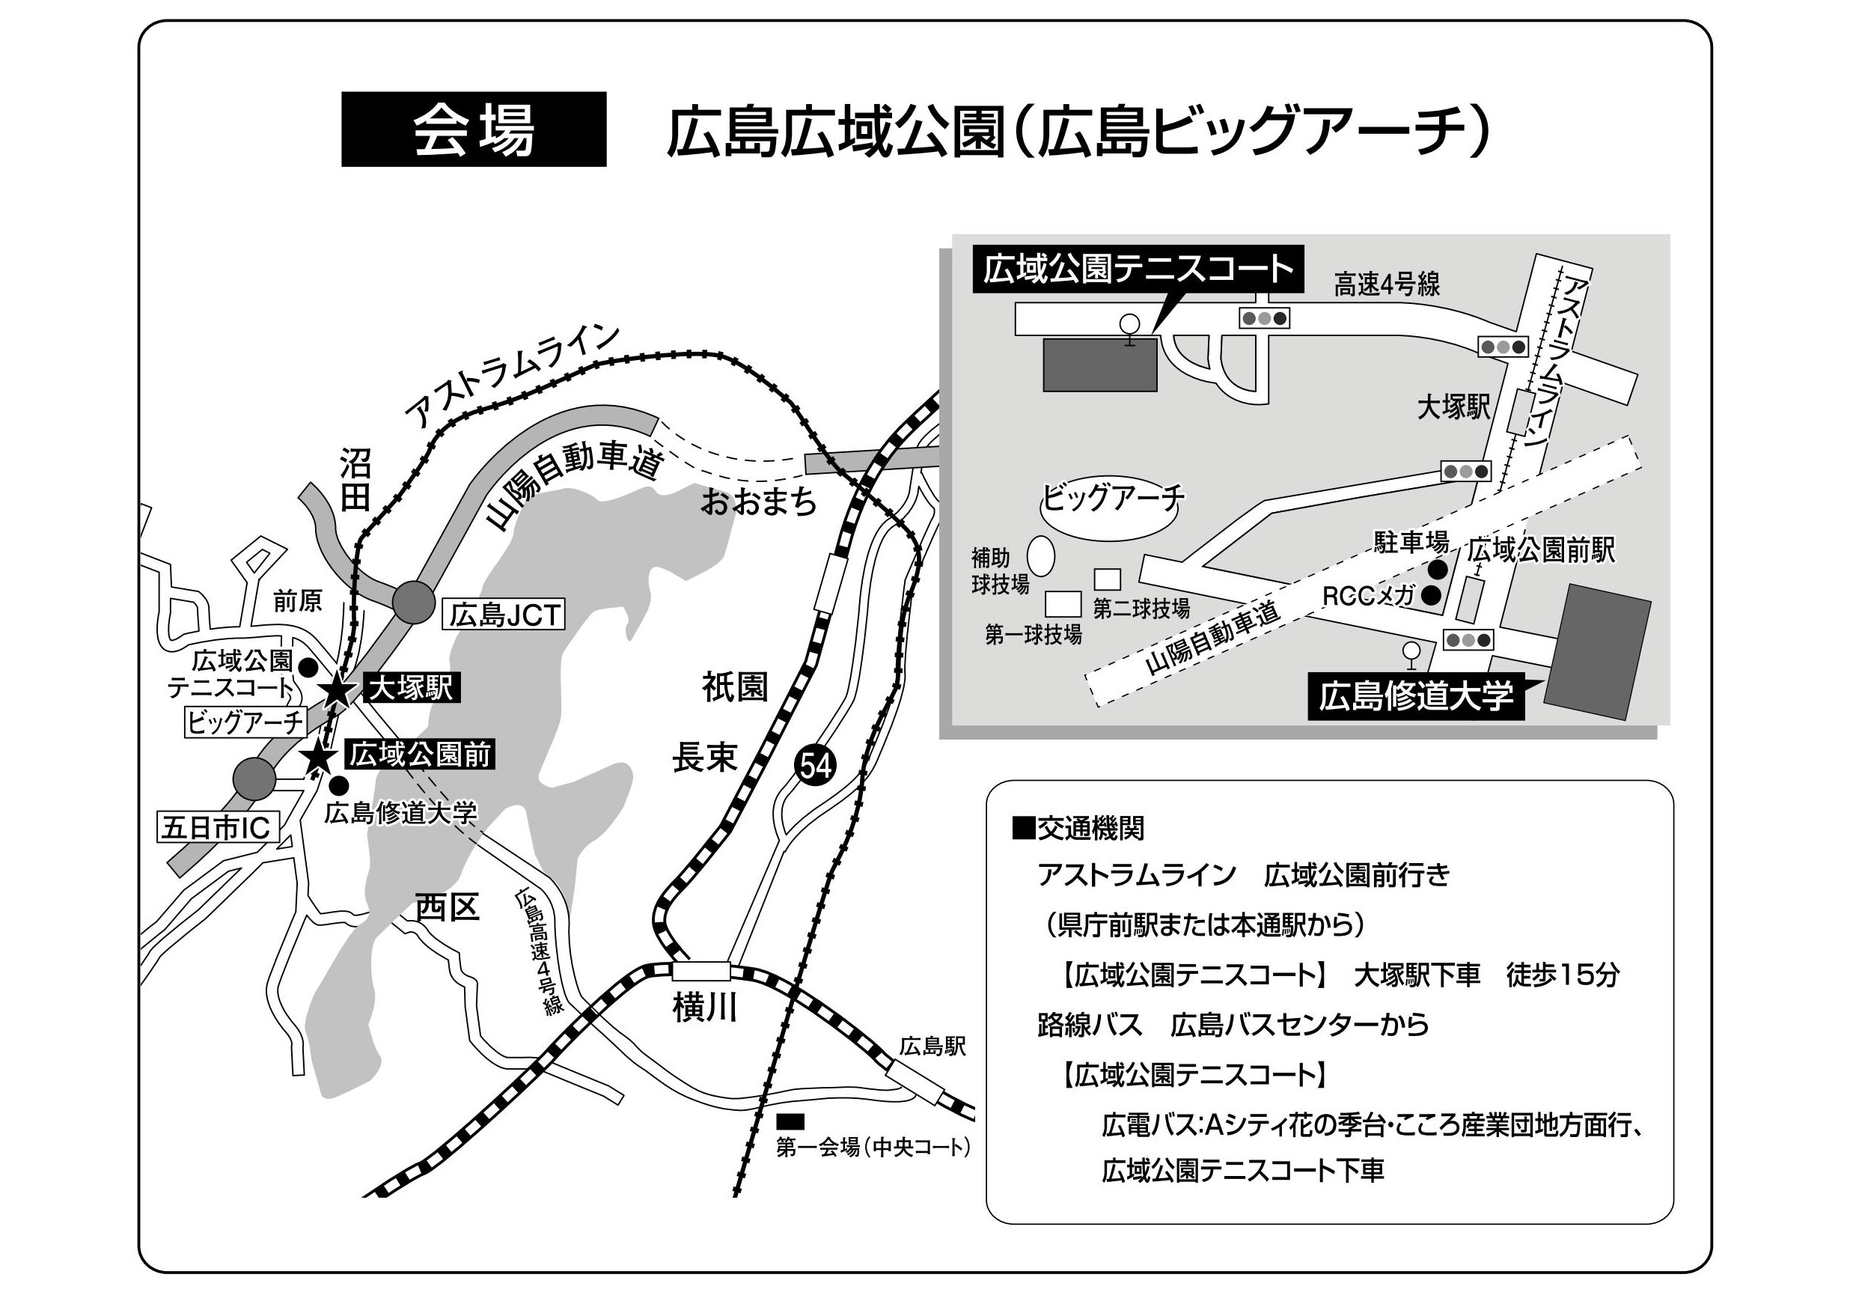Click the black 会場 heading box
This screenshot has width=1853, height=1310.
pyautogui.click(x=474, y=130)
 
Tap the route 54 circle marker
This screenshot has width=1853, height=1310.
pyautogui.click(x=816, y=764)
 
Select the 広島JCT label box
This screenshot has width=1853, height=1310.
pyautogui.click(x=504, y=615)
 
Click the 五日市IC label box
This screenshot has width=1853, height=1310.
pyautogui.click(x=217, y=826)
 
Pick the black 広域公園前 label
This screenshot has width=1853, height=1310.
pyautogui.click(x=420, y=754)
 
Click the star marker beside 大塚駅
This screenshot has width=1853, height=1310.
pyautogui.click(x=337, y=692)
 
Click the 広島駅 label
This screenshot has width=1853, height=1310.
pyautogui.click(x=933, y=1047)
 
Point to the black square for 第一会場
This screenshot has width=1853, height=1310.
pyautogui.click(x=790, y=1121)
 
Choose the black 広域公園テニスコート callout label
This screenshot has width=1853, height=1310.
pyautogui.click(x=1138, y=269)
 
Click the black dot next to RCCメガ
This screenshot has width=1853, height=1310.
pyautogui.click(x=1432, y=596)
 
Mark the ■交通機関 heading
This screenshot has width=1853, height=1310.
pyautogui.click(x=1078, y=828)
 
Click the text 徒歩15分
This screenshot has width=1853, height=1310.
pyautogui.click(x=1563, y=975)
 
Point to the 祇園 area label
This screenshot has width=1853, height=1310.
pyautogui.click(x=734, y=688)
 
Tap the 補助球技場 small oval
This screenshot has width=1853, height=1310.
pyautogui.click(x=1041, y=556)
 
